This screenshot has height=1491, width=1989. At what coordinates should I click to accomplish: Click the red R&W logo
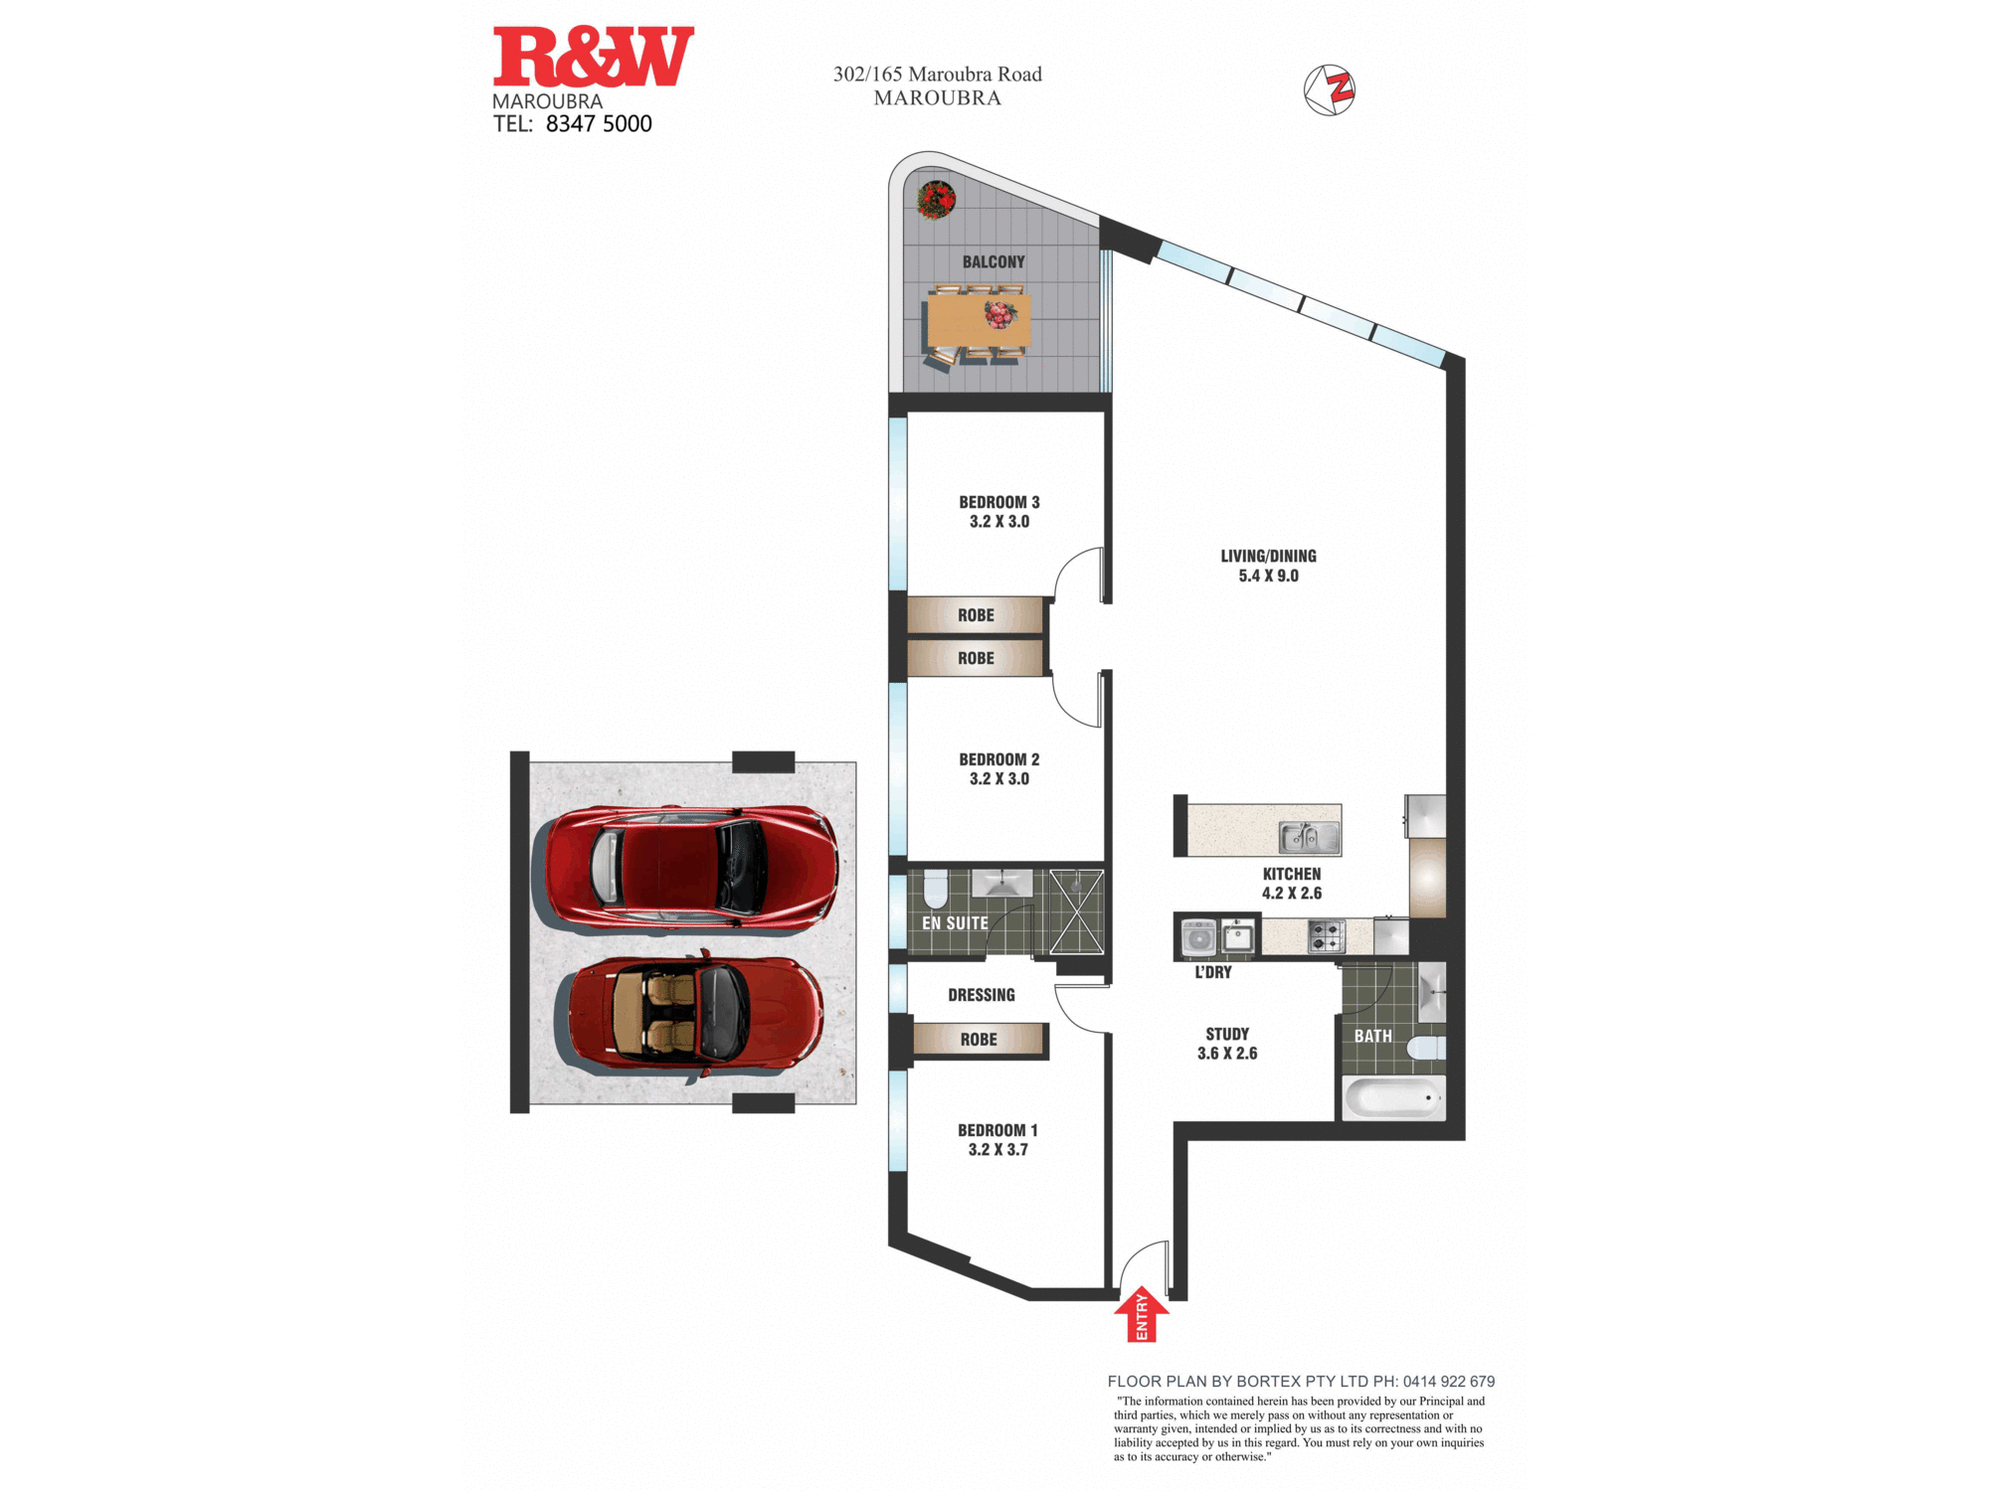click(594, 58)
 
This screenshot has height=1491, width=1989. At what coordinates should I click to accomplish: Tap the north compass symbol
click(1330, 90)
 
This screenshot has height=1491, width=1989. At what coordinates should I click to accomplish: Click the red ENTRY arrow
click(1142, 1314)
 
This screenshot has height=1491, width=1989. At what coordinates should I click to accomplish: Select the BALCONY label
click(994, 262)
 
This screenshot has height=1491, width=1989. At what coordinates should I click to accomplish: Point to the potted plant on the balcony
click(936, 200)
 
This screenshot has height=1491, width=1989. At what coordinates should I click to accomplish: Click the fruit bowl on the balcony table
click(1000, 315)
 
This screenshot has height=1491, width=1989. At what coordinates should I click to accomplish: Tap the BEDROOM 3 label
click(999, 503)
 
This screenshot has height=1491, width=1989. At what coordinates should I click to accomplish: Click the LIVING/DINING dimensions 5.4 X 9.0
click(1269, 576)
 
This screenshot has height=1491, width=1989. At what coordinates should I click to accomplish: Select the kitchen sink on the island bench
click(1310, 838)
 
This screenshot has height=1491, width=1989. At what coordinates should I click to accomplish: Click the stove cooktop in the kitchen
click(1327, 936)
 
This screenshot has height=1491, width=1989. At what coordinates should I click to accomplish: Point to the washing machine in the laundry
click(1198, 937)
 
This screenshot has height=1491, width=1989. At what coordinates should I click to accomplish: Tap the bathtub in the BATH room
click(1393, 1098)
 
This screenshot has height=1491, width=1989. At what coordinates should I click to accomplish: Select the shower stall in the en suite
click(1077, 911)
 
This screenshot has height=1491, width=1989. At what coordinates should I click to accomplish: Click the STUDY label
click(1227, 1035)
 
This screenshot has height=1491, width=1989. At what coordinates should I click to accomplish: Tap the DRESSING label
click(982, 995)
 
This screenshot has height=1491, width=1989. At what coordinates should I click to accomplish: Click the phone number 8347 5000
click(599, 124)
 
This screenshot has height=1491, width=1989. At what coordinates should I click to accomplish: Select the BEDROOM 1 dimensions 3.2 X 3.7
click(998, 1150)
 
